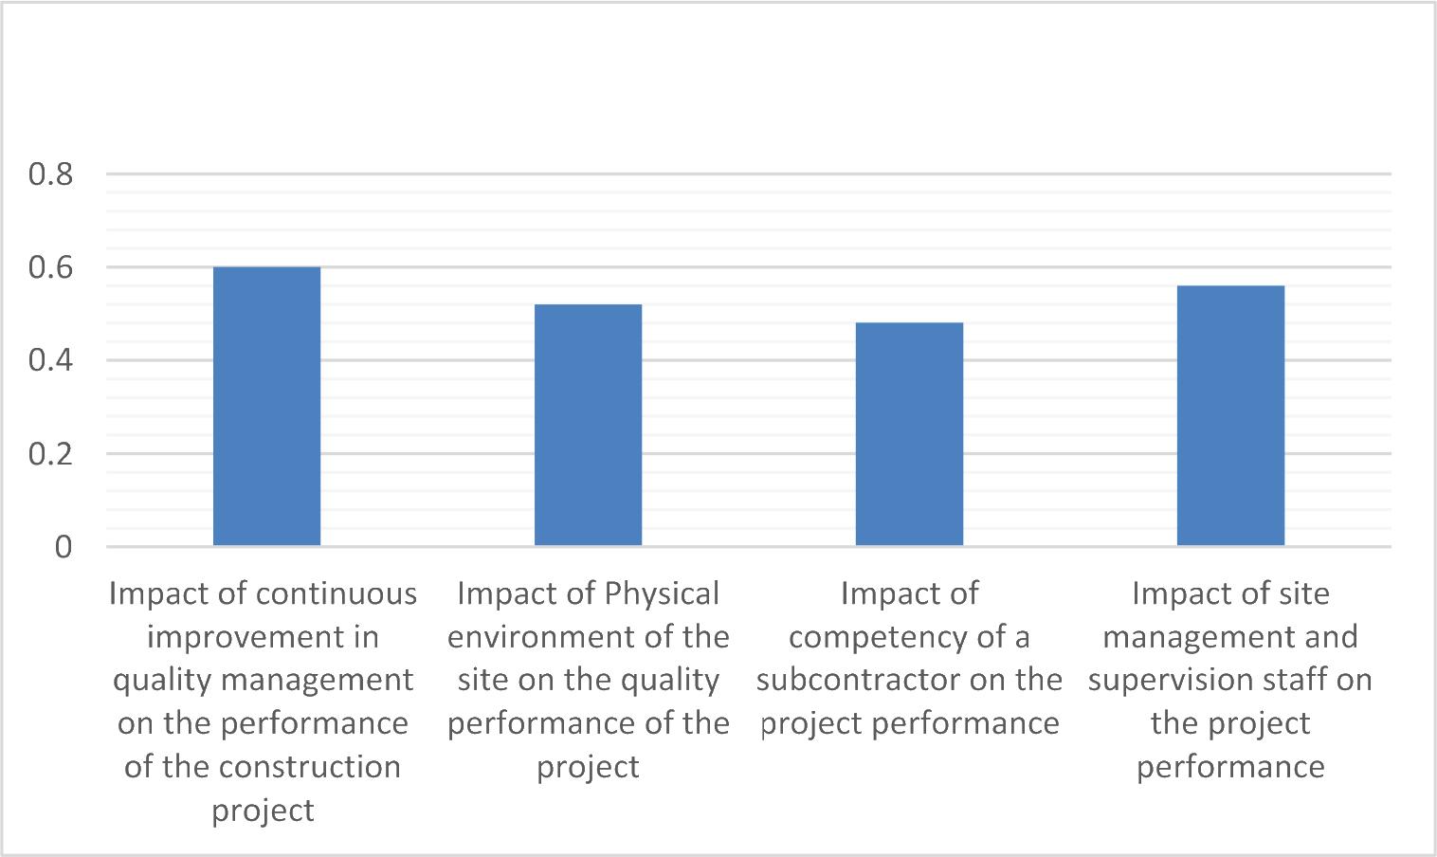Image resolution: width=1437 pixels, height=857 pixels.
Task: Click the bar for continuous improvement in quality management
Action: pos(266,407)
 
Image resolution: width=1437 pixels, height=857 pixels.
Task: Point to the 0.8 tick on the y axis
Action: pos(51,174)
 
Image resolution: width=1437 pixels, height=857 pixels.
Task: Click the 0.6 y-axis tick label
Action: pos(51,267)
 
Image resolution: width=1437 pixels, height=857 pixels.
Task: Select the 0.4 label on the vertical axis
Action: pos(51,360)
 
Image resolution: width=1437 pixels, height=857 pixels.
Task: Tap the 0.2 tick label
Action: pos(51,453)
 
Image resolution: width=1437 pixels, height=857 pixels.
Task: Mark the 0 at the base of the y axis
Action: pos(63,547)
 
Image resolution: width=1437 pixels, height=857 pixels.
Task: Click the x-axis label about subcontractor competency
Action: pos(909,659)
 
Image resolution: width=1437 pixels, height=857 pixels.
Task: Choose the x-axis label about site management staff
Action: pos(1230,680)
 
